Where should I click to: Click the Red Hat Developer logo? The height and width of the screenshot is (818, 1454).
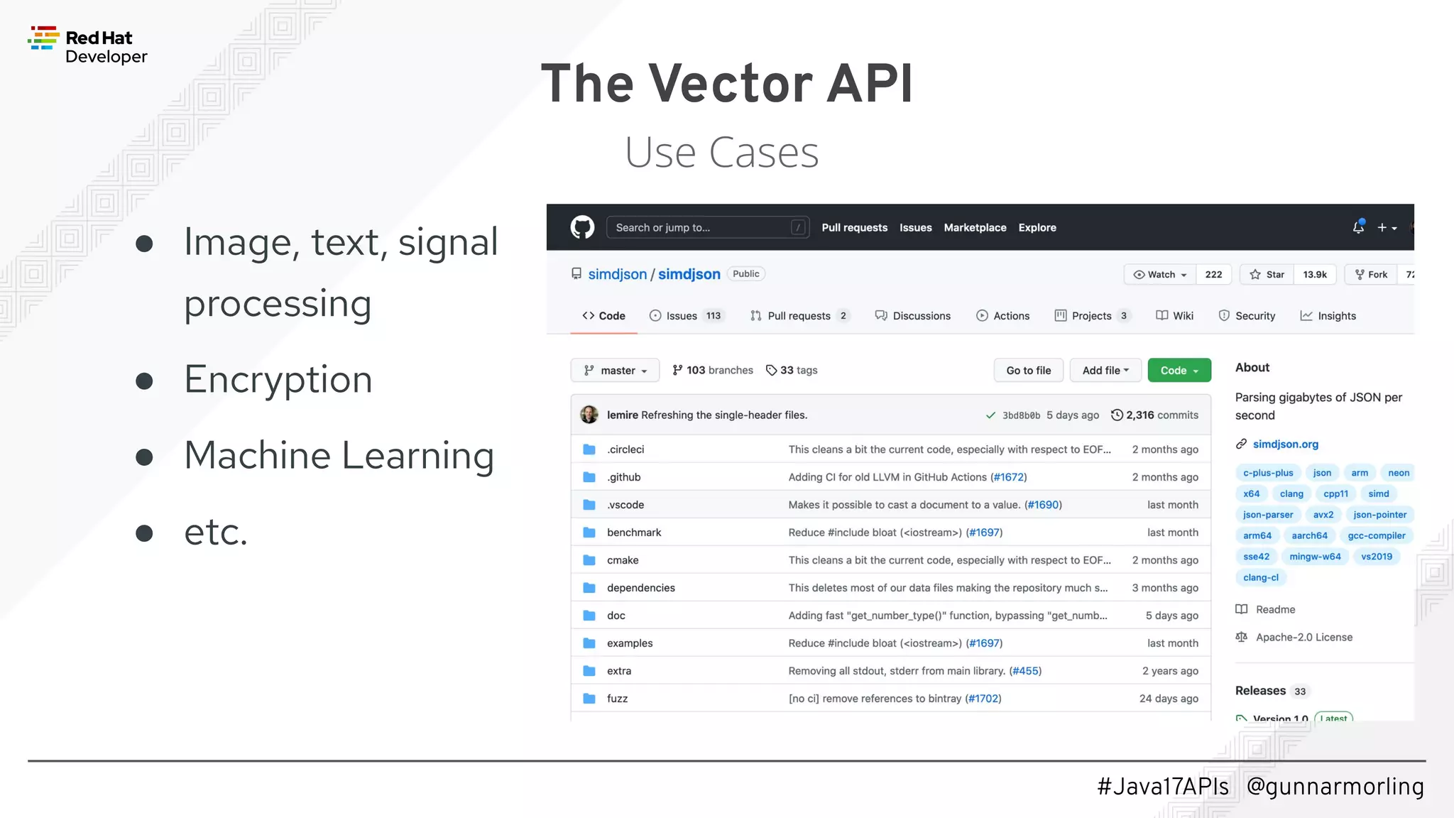(x=87, y=45)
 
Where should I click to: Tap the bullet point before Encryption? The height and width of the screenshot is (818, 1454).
(x=144, y=381)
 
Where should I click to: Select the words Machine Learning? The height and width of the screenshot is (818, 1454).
(x=339, y=455)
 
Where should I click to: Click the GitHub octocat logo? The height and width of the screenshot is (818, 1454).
(x=582, y=227)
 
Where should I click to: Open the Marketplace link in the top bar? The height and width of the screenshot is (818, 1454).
(x=974, y=227)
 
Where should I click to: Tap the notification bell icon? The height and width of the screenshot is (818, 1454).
(x=1357, y=227)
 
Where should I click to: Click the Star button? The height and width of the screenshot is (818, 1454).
(x=1267, y=274)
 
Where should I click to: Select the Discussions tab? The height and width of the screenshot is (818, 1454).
(x=913, y=316)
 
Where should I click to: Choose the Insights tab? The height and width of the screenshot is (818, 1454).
(x=1328, y=316)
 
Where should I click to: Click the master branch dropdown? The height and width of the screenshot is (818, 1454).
(x=615, y=370)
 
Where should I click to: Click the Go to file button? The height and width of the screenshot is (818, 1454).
(x=1028, y=370)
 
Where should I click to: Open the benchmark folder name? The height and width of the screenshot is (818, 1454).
(x=633, y=533)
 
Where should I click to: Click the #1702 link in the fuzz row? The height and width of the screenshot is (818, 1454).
(x=983, y=699)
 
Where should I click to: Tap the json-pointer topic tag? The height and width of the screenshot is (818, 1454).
(x=1379, y=515)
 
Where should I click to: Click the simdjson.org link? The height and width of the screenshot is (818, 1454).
(x=1285, y=444)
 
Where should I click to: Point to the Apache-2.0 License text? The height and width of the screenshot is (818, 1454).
(x=1303, y=637)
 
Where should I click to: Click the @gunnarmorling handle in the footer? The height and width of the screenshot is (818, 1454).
(x=1335, y=786)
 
